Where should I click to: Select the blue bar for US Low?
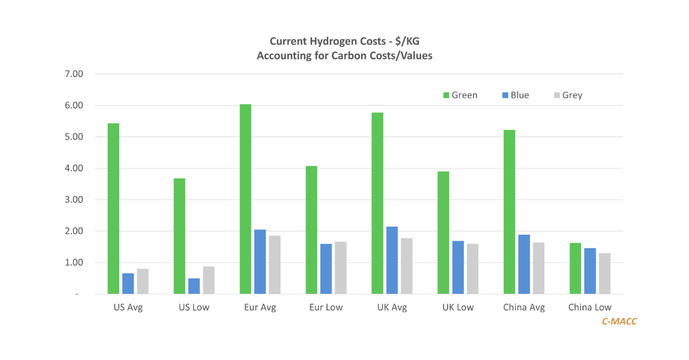tap(194, 286)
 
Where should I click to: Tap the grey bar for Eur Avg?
tap(274, 265)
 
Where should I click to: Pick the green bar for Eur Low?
tap(311, 230)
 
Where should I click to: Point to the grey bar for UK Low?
tap(473, 269)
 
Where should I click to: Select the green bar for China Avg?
tap(509, 212)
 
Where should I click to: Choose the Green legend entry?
tap(458, 95)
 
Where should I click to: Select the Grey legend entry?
tap(566, 95)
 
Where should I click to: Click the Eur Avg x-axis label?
tap(260, 307)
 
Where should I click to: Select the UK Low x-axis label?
tap(458, 307)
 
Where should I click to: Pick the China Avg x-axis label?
tap(524, 307)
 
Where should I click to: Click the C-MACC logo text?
tap(619, 322)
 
